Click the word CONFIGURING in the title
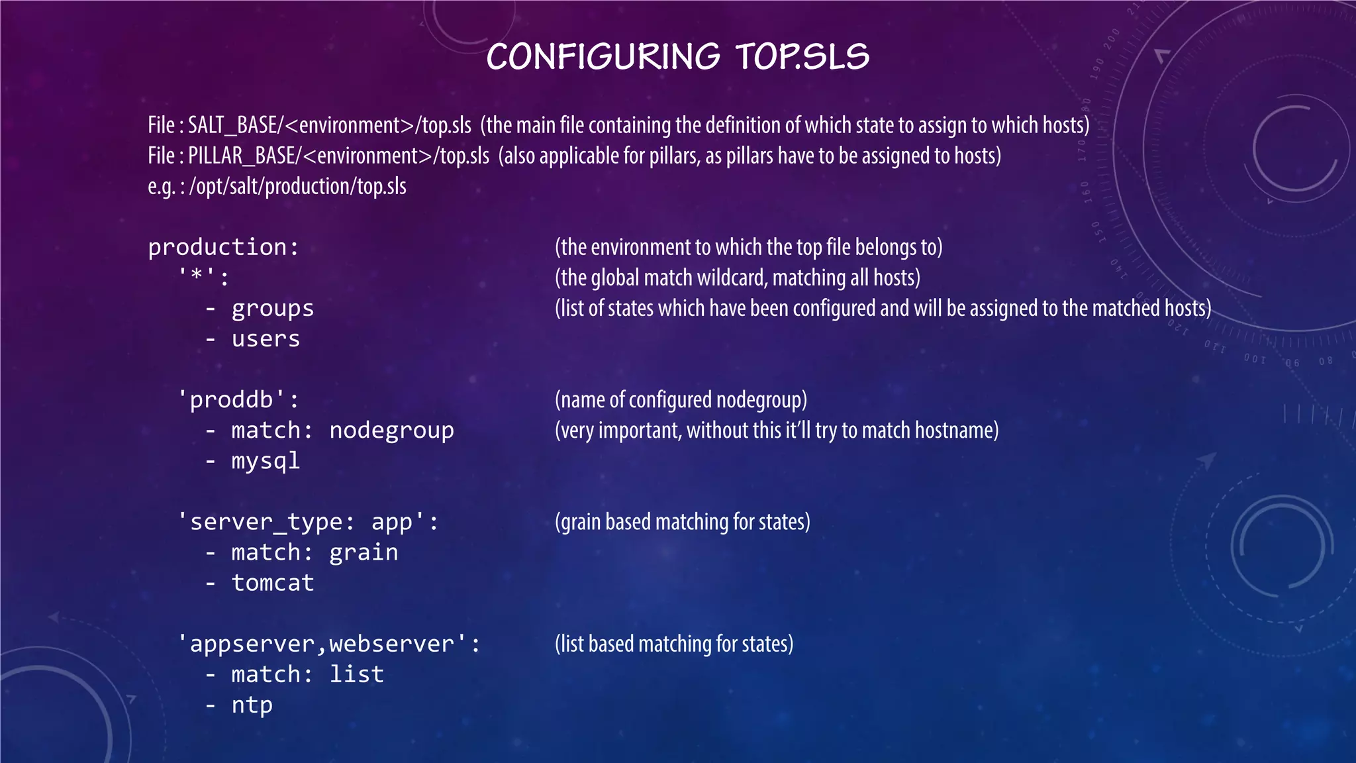603,57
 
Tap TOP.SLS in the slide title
802,57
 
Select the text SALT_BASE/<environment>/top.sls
330,125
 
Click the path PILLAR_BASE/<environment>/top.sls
338,156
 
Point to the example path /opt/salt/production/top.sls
298,186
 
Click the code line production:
224,247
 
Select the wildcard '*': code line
203,278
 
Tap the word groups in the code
272,309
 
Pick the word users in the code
266,339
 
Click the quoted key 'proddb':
238,400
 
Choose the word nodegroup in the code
391,431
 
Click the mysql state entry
266,461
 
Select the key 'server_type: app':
308,522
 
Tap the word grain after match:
363,552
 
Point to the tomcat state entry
272,583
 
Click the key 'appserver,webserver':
329,644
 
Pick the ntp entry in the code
252,705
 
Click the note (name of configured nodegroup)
681,400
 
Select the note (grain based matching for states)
682,522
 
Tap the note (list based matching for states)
674,644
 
